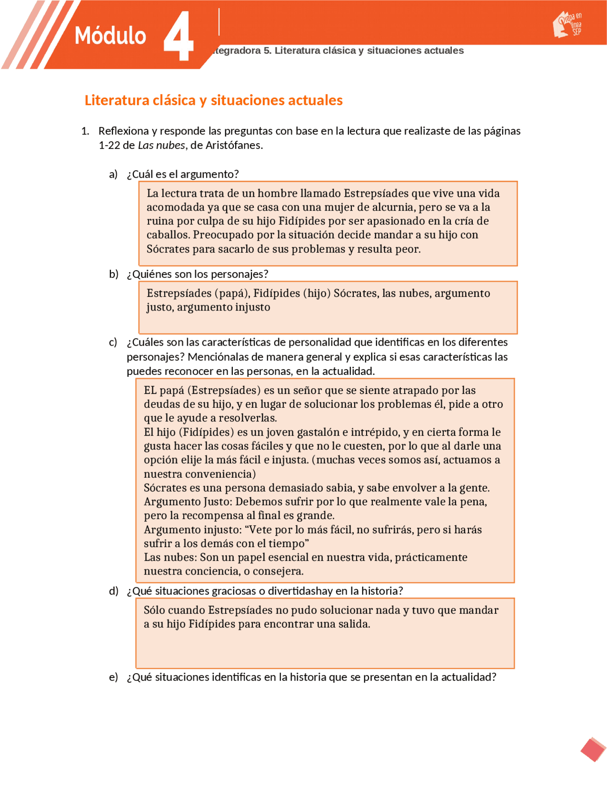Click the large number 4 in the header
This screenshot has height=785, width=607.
(179, 37)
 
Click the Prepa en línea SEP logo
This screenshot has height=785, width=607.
(568, 25)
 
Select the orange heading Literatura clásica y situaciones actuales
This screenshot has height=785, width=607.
(213, 100)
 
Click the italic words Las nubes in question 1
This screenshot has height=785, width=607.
(161, 146)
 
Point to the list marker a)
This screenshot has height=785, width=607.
(113, 174)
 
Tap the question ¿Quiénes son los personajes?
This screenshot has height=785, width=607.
(197, 274)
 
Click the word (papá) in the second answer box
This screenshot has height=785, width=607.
(231, 293)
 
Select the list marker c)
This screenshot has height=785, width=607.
(113, 343)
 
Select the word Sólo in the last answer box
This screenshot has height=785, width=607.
(155, 611)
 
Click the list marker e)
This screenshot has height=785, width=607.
(113, 677)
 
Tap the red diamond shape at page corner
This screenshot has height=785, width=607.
(593, 749)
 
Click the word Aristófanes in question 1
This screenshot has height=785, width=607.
(233, 146)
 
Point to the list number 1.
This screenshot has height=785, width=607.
(85, 131)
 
